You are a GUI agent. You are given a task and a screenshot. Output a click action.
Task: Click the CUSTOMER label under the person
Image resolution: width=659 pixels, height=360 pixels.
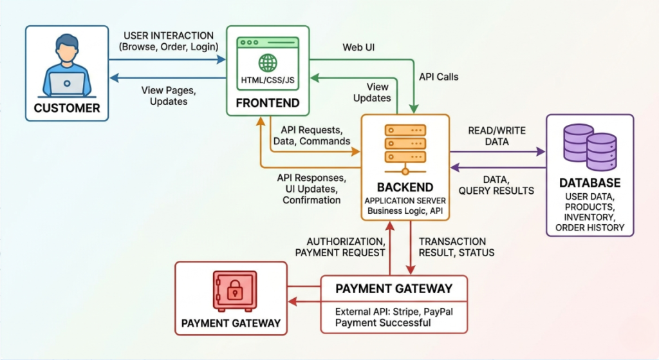point(67,108)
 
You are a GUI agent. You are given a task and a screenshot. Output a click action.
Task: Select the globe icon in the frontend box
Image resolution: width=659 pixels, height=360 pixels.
point(268,62)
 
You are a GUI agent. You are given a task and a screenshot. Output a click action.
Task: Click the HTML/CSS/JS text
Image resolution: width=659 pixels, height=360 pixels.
point(268,79)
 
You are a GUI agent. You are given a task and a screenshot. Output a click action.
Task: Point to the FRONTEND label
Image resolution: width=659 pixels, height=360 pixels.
point(268,102)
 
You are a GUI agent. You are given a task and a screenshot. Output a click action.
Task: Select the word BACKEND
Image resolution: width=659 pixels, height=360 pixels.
point(405,187)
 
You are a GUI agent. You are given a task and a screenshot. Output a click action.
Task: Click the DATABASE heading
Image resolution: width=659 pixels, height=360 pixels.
point(589,183)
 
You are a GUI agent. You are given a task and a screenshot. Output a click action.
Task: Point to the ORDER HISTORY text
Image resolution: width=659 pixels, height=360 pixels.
point(589,227)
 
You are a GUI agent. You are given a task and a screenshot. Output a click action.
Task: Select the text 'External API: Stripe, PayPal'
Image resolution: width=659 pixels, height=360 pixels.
point(394,312)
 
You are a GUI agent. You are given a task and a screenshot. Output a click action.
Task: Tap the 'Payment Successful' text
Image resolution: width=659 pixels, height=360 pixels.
point(383,322)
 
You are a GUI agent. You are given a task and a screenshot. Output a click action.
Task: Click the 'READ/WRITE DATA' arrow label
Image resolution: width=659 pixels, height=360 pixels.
point(497,136)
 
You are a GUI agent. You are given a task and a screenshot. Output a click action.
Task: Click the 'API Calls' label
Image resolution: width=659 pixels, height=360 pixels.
point(438,76)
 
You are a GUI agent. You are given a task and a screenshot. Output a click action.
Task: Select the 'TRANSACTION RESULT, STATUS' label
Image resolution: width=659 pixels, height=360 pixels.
point(456,247)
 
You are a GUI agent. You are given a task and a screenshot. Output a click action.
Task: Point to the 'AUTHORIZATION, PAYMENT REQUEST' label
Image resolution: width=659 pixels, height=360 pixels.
point(340,247)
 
